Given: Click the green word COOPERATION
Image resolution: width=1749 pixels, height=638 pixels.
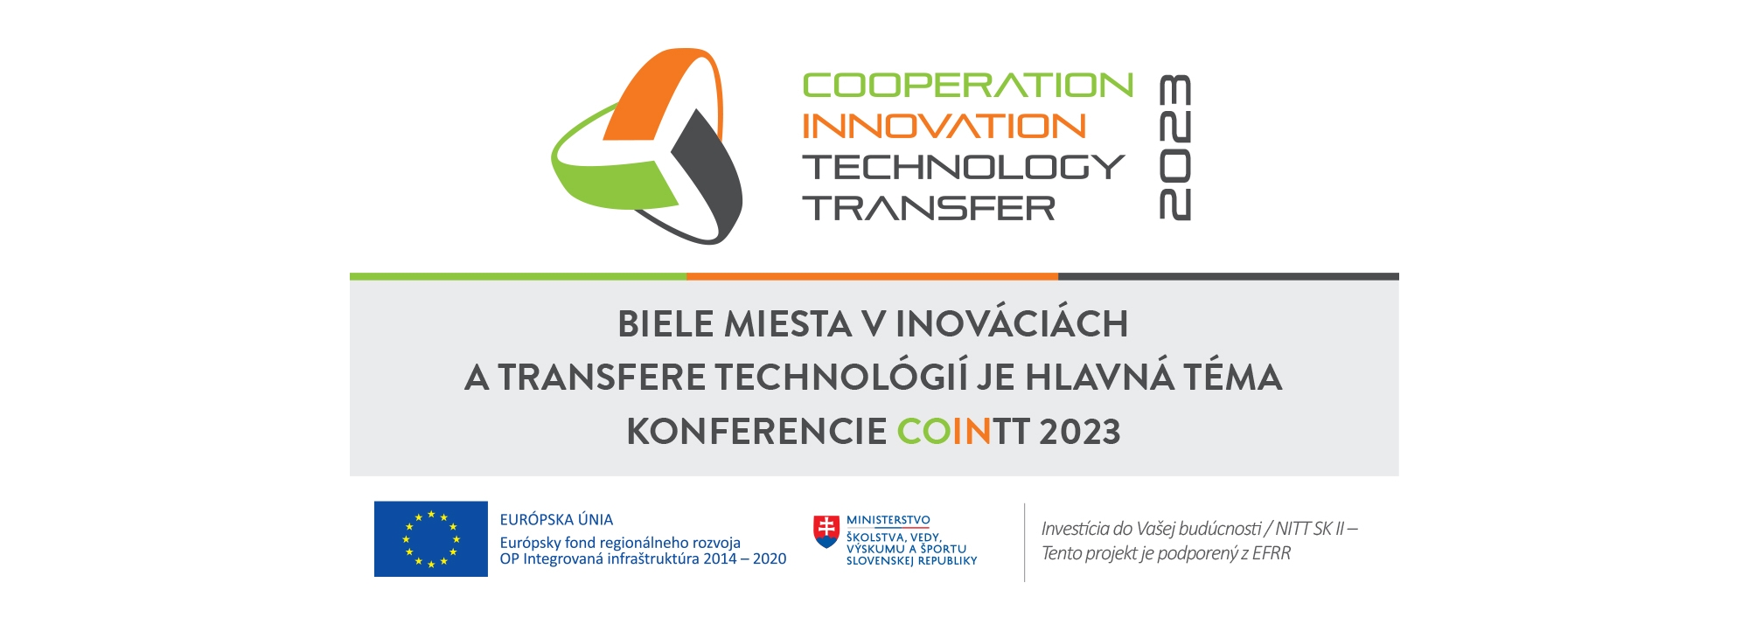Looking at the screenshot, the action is coord(968,86).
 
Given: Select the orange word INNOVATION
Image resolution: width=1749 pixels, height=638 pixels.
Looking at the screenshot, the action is coord(944,126).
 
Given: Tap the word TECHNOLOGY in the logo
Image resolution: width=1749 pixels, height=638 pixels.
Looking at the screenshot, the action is coord(964,167).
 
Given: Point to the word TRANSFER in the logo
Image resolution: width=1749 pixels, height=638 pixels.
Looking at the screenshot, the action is coord(929,208).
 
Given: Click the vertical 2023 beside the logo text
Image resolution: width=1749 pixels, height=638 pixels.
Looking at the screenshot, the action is coord(1174,147).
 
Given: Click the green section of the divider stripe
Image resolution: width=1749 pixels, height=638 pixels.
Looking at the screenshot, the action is coord(518,276).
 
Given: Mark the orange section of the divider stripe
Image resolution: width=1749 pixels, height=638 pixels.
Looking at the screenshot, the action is coord(872,276).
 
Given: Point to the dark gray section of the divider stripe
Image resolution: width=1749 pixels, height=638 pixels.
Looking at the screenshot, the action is coord(1229,276).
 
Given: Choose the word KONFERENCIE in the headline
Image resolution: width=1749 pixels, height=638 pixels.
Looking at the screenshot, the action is coord(756,432).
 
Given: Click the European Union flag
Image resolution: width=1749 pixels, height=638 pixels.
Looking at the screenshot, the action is coord(431,539).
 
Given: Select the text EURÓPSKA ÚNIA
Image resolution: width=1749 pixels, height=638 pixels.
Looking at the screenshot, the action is coord(556,520).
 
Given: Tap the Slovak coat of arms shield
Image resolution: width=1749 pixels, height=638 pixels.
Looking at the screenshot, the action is coord(826,531).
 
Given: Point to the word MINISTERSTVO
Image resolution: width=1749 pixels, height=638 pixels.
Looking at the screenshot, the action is coord(888,520).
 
